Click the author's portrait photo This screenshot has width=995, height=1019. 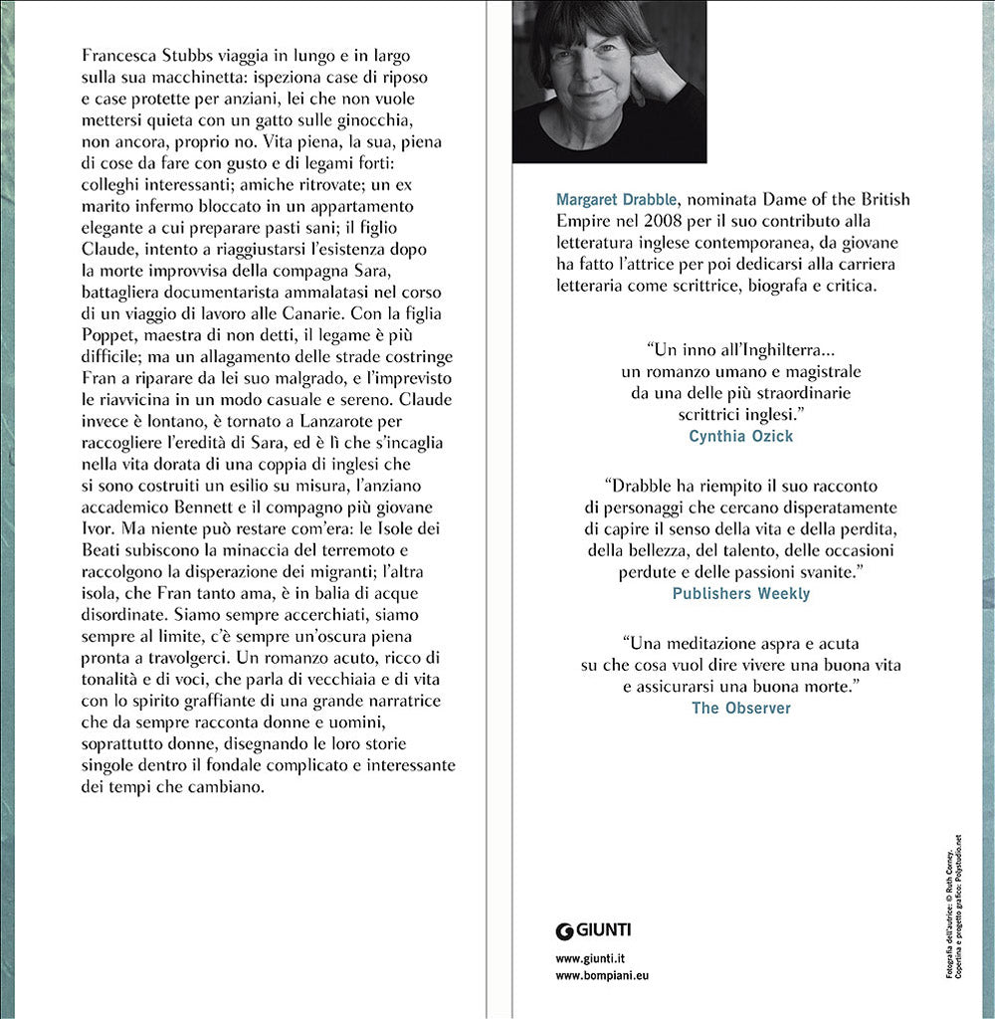point(610,82)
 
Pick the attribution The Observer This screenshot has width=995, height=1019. point(740,708)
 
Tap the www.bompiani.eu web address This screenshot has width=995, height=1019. point(602,976)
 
